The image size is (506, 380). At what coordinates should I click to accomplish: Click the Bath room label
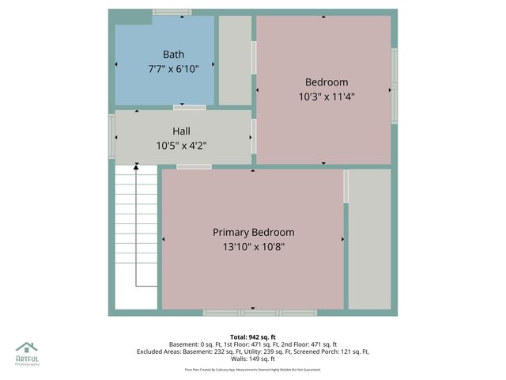pos(173,55)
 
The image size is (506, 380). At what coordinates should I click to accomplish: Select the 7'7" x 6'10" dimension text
pos(173,69)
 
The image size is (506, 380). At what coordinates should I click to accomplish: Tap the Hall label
pos(181,131)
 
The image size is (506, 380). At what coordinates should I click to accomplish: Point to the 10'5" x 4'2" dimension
pos(181,145)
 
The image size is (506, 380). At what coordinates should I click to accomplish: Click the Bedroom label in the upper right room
pos(327,82)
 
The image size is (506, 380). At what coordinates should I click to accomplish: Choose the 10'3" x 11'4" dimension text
pos(327,97)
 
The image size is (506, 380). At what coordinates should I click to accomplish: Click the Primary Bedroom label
pos(253,232)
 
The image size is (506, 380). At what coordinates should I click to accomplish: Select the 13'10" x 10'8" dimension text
pos(253,247)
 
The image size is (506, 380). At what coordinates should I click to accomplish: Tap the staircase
pos(135,237)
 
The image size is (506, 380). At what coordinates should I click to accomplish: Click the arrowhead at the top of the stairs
pos(136,165)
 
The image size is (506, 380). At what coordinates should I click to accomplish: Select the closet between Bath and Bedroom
pos(235,60)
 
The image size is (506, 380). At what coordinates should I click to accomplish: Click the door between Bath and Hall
pos(190,107)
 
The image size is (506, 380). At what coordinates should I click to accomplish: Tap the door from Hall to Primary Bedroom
pos(194,166)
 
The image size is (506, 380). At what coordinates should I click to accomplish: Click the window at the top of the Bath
pos(172,12)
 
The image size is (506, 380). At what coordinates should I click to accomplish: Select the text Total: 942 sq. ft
pos(252,336)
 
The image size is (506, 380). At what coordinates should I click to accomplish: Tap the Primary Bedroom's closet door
pos(346,186)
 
